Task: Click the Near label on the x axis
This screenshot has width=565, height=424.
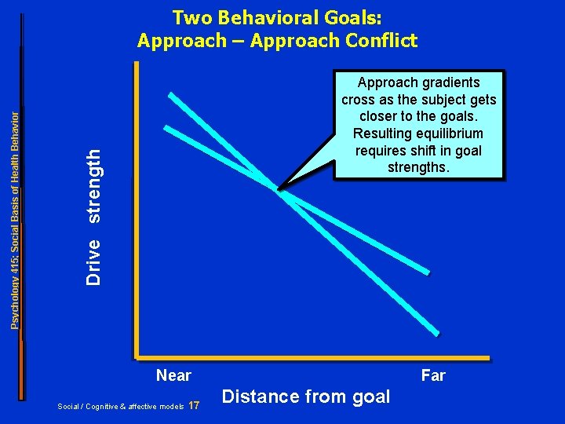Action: click(173, 375)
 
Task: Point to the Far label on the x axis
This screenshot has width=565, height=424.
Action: click(433, 375)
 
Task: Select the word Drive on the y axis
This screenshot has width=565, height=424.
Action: click(94, 261)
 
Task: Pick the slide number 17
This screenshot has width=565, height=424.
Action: click(195, 405)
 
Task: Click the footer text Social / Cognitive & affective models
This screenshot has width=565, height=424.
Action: click(121, 406)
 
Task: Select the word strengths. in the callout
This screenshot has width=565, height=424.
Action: click(419, 166)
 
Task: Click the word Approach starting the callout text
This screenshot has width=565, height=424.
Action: click(385, 82)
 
